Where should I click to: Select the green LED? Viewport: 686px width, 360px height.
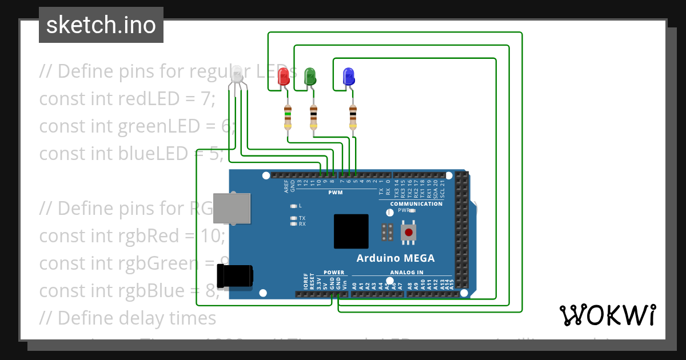click(x=310, y=77)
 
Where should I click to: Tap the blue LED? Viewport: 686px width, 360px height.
click(x=348, y=77)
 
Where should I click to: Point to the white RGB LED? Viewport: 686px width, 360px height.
click(x=237, y=74)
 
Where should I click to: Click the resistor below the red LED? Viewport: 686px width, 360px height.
click(x=288, y=118)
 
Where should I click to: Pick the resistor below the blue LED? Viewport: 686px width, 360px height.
click(x=353, y=118)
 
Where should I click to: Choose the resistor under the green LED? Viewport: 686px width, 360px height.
click(x=313, y=118)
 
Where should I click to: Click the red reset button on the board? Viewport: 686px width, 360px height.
click(x=408, y=232)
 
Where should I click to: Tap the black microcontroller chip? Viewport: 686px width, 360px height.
click(x=351, y=231)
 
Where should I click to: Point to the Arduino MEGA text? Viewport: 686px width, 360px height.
click(x=396, y=258)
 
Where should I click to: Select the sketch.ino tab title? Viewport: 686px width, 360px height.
click(x=101, y=25)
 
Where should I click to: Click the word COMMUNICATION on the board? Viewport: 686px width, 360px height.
click(x=416, y=204)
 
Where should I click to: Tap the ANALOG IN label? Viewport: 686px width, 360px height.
click(x=407, y=273)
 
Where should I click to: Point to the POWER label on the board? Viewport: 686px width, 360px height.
click(x=334, y=273)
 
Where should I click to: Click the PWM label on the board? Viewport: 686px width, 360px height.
click(x=335, y=193)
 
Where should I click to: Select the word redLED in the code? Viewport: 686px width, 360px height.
click(x=141, y=98)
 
